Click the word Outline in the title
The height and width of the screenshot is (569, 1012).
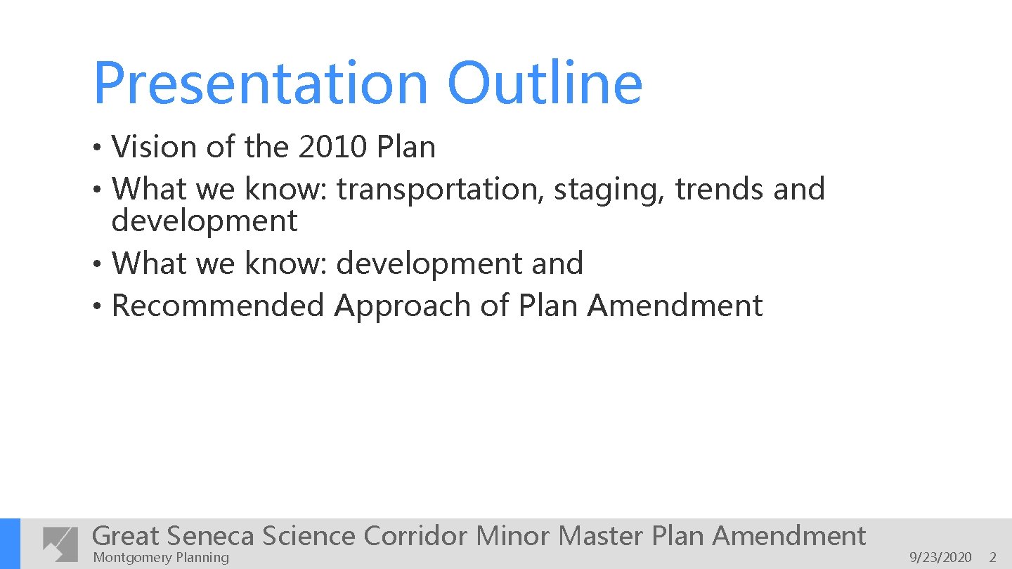(545, 83)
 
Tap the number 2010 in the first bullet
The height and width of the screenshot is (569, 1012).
(333, 148)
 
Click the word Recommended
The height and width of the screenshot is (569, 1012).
(218, 306)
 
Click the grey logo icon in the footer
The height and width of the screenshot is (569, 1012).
(60, 544)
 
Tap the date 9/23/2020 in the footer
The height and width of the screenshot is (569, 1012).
(940, 558)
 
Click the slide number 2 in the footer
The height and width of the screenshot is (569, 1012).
(993, 558)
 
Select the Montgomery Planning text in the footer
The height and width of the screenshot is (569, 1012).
(161, 558)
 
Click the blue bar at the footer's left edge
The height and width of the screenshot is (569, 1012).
(10, 544)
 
